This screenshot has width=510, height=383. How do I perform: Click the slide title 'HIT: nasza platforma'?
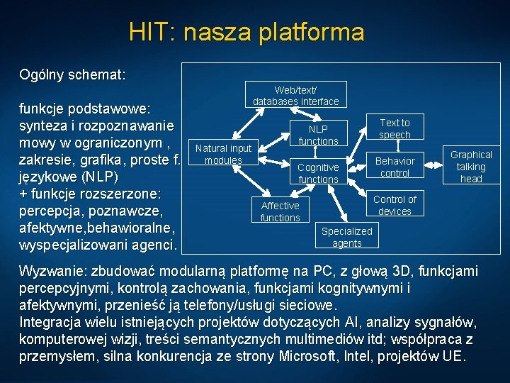246,32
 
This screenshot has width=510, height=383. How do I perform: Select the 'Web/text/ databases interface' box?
296,96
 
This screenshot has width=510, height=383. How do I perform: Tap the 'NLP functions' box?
318,135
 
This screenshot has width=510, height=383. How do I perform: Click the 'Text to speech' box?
395,128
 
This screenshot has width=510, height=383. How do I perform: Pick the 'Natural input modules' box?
223,154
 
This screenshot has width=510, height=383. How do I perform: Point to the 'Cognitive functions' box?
318,173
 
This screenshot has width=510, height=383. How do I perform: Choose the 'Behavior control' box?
395,167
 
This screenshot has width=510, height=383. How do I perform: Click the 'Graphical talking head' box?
471,167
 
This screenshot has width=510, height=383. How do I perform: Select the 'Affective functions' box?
280,211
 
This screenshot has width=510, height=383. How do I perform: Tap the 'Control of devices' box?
395,205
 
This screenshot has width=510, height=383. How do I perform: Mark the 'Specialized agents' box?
346,237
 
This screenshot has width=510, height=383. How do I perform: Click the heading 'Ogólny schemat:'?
73,74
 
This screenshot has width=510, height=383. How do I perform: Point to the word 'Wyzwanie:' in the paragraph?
53,272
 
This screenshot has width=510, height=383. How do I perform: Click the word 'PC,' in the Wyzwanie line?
339,272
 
